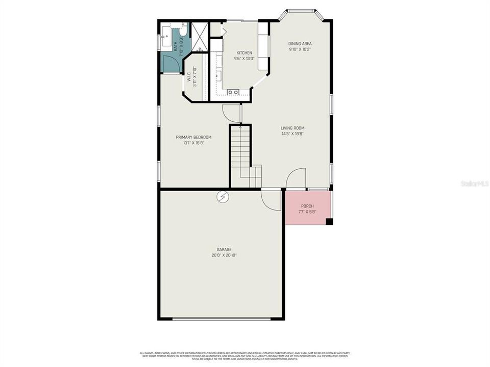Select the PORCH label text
click(307, 206)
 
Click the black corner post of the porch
click(329, 221)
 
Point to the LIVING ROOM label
click(292, 128)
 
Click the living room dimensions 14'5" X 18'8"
click(292, 134)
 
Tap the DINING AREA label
click(300, 44)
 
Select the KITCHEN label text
click(244, 53)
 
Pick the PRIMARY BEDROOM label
click(193, 137)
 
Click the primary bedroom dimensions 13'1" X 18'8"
click(193, 143)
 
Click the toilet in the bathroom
click(183, 30)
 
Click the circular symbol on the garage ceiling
click(223, 196)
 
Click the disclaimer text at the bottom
click(245, 355)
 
